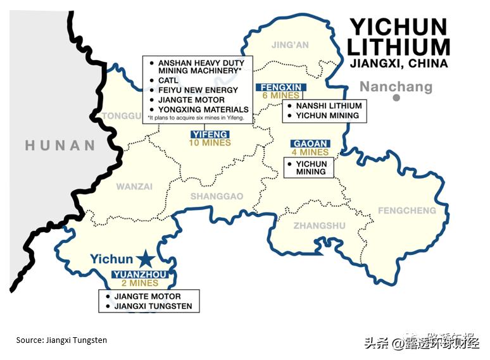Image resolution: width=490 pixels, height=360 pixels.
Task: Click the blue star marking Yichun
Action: point(146,258)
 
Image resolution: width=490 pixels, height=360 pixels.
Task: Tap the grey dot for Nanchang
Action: point(396,97)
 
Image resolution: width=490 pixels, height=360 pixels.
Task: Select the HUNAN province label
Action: point(60,146)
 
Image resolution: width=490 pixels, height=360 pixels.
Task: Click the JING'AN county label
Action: point(290,45)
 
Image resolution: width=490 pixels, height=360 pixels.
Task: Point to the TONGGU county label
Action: point(123,116)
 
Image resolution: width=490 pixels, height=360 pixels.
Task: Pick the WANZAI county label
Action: point(134,187)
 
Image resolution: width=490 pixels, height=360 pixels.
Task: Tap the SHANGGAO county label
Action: point(217,196)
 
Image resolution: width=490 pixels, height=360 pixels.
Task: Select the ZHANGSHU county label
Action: point(320,226)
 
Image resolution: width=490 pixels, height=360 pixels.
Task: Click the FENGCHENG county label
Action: point(406,210)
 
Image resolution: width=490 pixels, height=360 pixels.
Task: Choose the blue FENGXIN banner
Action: point(281,87)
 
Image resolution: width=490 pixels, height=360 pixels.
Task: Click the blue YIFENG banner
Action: point(210,135)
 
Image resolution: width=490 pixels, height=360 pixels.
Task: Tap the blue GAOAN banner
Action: point(311,144)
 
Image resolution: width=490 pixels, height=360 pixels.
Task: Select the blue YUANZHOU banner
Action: point(138,275)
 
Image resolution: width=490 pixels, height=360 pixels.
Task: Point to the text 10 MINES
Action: point(210,143)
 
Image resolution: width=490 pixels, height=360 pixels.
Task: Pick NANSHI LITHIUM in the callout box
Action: point(329,106)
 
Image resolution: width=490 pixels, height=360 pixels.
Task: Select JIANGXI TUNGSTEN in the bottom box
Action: point(153,306)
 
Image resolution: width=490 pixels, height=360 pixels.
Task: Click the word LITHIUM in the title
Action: point(399,47)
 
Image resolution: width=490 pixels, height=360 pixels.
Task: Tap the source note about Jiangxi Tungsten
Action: point(61,340)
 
